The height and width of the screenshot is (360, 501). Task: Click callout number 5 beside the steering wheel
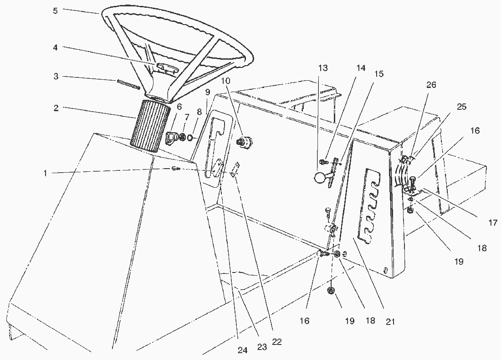tap(55, 10)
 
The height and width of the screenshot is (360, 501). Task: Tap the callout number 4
tap(56, 47)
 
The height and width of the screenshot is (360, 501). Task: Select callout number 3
tap(56, 77)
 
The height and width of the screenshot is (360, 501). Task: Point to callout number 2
tap(56, 108)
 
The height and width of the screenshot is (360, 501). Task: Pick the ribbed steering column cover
tap(149, 125)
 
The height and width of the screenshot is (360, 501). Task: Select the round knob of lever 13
tap(322, 177)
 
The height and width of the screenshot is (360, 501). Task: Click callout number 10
tap(226, 81)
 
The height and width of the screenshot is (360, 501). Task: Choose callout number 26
tap(431, 85)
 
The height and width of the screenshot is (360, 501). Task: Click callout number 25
tap(461, 107)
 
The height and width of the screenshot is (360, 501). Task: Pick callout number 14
tap(361, 68)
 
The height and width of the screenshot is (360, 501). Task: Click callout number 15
tap(379, 73)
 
